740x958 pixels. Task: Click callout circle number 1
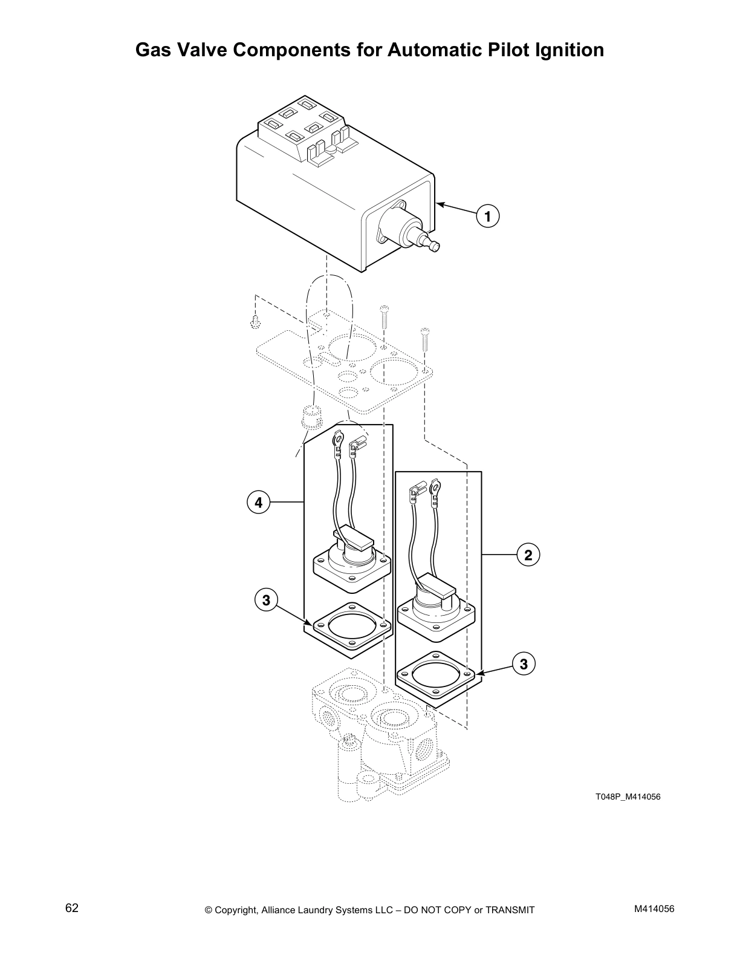(488, 216)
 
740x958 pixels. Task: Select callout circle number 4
(258, 502)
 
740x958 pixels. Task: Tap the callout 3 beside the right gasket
(524, 664)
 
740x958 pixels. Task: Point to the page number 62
(72, 908)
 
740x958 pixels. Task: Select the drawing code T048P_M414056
(628, 797)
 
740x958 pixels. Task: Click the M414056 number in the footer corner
(654, 909)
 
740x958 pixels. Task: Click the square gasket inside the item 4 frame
(348, 630)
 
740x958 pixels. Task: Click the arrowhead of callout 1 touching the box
(438, 204)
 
